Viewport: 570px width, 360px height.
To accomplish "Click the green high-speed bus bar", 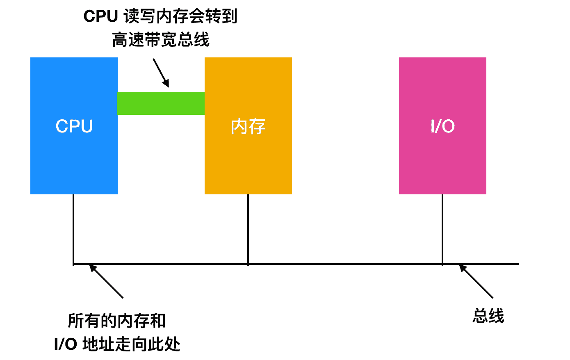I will tap(161, 103).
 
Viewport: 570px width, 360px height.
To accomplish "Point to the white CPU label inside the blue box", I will tap(74, 126).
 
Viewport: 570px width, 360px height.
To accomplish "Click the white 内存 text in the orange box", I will tap(248, 126).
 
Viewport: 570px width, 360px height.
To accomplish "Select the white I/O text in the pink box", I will tap(442, 126).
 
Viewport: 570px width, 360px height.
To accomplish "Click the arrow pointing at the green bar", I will tap(161, 73).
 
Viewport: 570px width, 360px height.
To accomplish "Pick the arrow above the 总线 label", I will tap(476, 281).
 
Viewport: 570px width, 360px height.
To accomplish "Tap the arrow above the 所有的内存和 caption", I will tap(106, 281).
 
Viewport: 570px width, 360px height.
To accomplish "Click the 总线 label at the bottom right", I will tap(488, 316).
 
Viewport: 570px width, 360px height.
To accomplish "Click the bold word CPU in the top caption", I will tap(101, 16).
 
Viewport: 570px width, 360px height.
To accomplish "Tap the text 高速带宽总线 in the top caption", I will tap(161, 40).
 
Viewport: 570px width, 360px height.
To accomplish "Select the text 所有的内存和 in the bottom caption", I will tap(117, 321).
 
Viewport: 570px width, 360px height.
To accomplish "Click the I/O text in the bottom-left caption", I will tap(66, 344).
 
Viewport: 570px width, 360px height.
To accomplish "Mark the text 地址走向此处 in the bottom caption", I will tap(131, 344).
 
